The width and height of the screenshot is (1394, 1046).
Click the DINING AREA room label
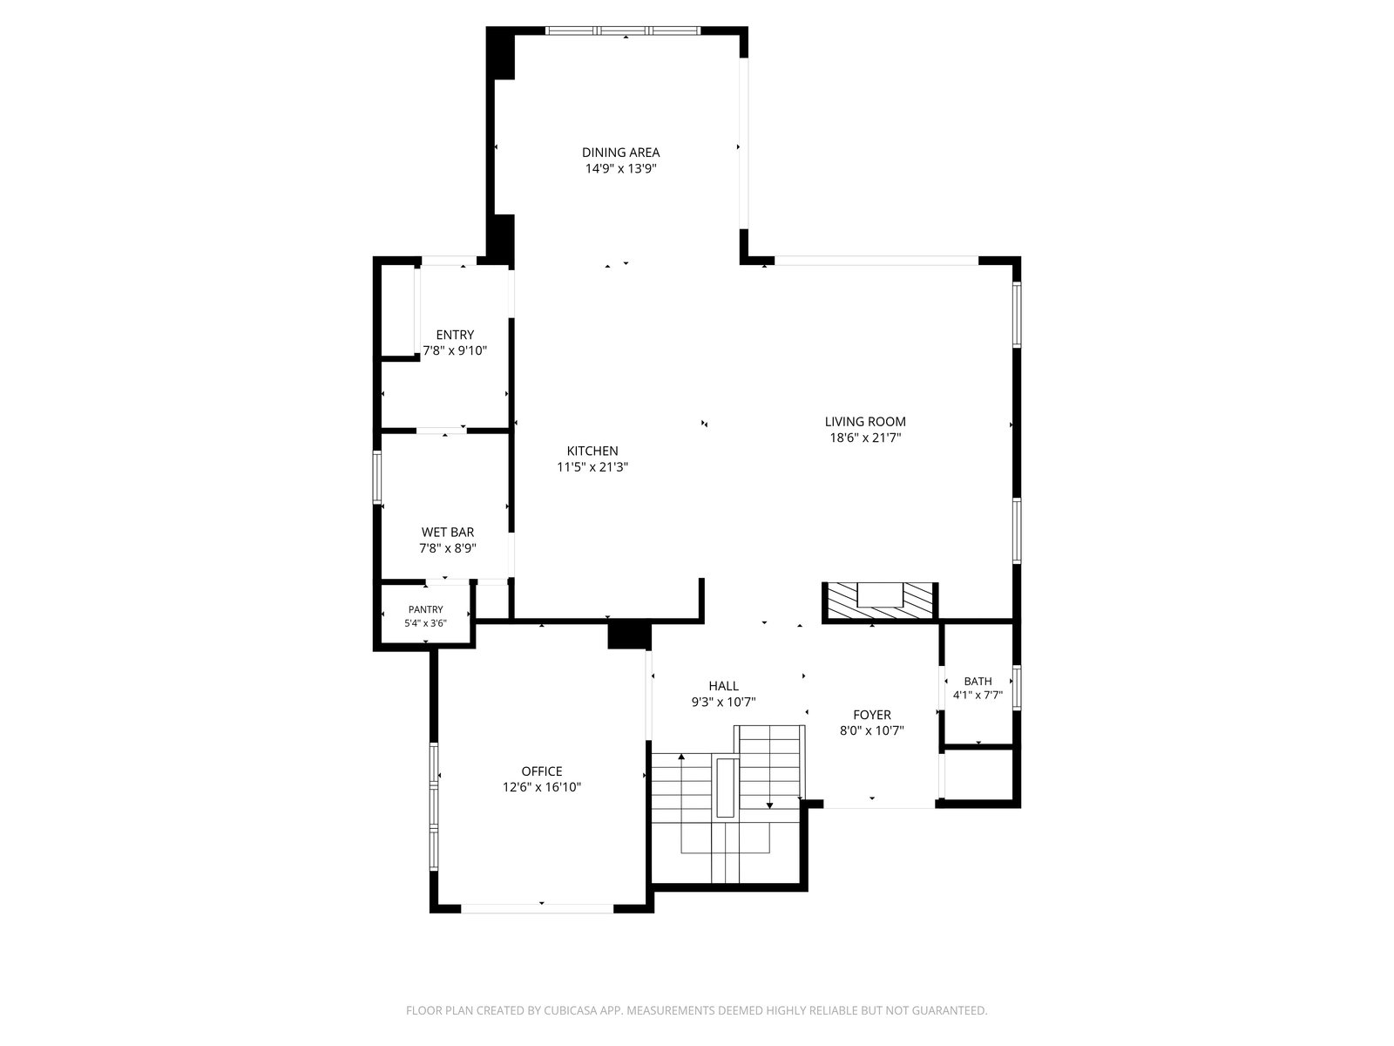pos(620,153)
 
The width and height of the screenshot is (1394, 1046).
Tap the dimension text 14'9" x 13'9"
pos(620,169)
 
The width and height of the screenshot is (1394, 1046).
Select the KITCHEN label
pos(592,451)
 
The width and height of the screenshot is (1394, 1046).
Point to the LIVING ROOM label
pos(865,422)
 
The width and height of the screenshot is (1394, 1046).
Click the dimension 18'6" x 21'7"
pos(865,438)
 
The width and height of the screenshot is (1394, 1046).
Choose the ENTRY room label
pos(455,335)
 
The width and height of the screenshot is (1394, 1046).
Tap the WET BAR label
pos(448,533)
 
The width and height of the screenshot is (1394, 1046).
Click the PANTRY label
pos(425,609)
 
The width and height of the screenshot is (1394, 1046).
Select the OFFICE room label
pos(542,771)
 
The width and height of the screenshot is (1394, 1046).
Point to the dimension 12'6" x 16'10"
pos(542,787)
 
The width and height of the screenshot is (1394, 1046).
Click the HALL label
pos(723,686)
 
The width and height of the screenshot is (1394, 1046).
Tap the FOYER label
pos(872,715)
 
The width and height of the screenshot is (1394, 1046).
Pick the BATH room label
pos(978,682)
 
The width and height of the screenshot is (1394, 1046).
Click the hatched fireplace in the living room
pos(880,601)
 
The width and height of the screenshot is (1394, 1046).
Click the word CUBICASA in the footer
pos(571,1010)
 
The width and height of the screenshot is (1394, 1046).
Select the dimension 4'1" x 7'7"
pos(978,696)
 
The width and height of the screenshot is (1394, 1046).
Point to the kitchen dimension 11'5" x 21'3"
pos(592,467)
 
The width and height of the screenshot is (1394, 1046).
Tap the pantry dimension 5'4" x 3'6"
pos(425,623)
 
